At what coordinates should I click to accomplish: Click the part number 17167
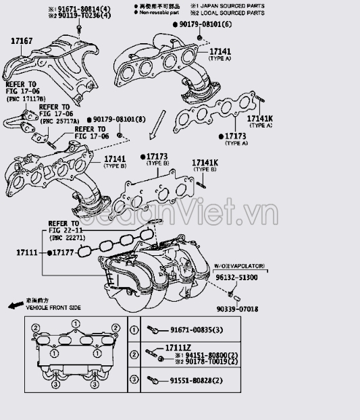coord(21,41)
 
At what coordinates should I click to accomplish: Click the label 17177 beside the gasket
coord(61,253)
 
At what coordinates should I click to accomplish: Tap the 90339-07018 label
coord(238,309)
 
